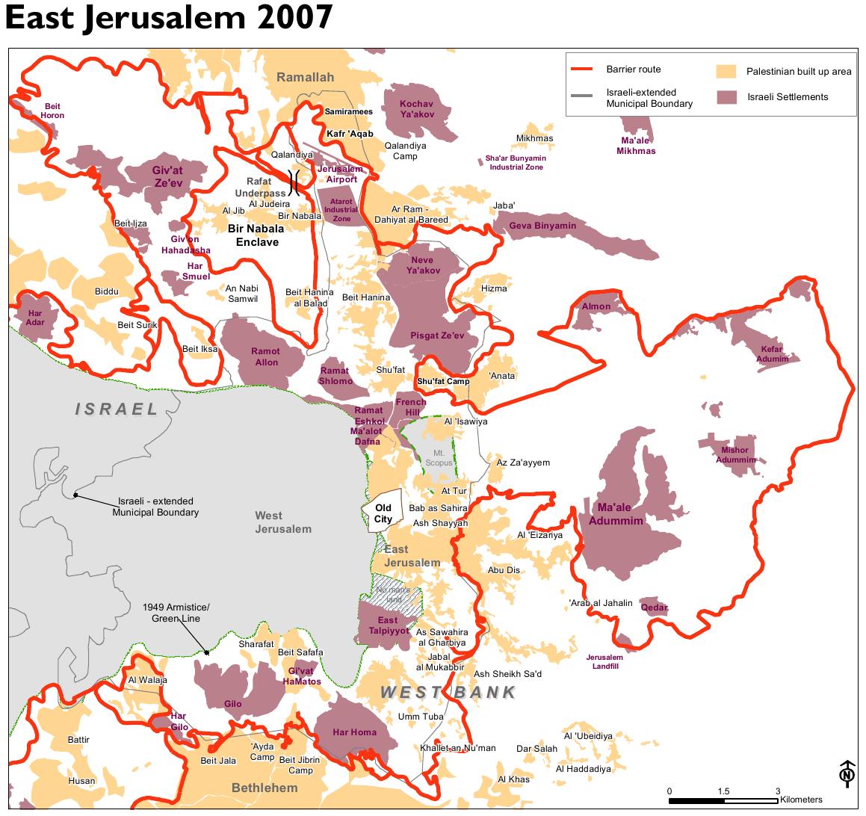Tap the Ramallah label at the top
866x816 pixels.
pyautogui.click(x=305, y=78)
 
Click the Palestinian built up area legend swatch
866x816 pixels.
pyautogui.click(x=726, y=72)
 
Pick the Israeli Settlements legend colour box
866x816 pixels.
pyautogui.click(x=726, y=96)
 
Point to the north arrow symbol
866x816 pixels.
pyautogui.click(x=847, y=773)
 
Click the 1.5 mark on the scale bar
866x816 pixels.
pyautogui.click(x=723, y=791)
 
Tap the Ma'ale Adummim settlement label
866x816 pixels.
pyautogui.click(x=616, y=516)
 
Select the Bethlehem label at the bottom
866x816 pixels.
pyautogui.click(x=265, y=788)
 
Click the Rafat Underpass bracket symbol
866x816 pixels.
pyautogui.click(x=295, y=182)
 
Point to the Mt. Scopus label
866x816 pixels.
pyautogui.click(x=439, y=457)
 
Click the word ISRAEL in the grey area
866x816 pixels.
pyautogui.click(x=117, y=409)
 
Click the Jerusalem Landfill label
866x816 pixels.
pyautogui.click(x=604, y=661)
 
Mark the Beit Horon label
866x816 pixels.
pyautogui.click(x=52, y=111)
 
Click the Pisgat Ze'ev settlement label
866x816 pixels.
pyautogui.click(x=437, y=336)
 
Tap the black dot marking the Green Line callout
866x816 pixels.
pyautogui.click(x=207, y=652)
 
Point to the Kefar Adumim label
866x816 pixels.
pyautogui.click(x=772, y=353)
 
